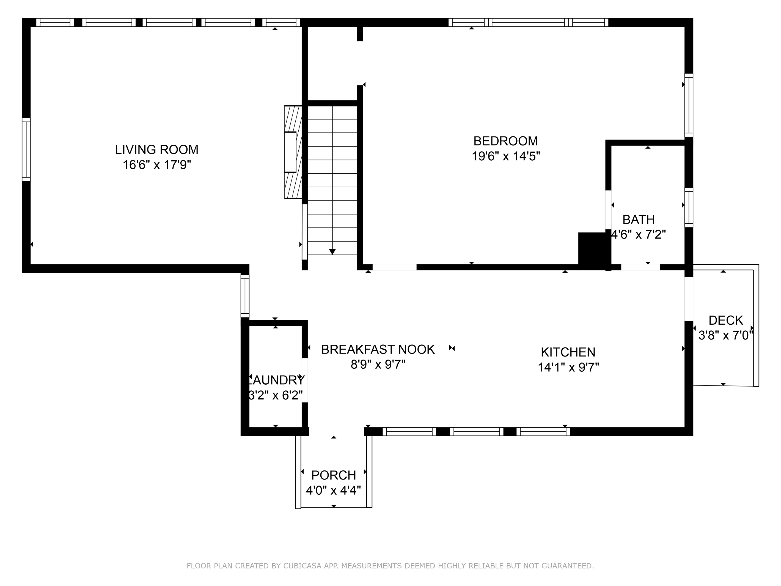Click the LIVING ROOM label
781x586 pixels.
156,149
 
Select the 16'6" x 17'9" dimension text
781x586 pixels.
156,165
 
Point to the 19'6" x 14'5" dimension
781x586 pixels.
506,156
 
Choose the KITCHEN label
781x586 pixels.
568,352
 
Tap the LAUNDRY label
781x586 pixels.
276,380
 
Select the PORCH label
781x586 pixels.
333,475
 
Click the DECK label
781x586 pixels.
725,321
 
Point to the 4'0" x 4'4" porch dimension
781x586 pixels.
333,491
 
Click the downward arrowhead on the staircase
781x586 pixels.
332,251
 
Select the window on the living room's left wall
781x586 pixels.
26,149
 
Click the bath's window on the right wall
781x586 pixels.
689,207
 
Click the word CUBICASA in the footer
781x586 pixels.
302,566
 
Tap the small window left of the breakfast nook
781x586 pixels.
245,296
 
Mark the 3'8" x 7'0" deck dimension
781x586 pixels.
725,335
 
